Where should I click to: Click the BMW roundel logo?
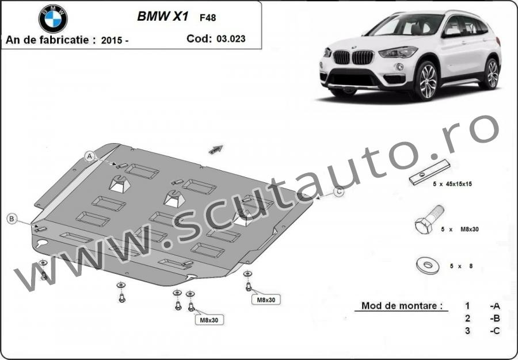[53, 18]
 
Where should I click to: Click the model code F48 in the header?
[208, 17]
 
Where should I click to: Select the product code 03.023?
[231, 39]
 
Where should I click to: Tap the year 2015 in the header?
[111, 40]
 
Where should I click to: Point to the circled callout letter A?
[90, 156]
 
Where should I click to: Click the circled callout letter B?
[12, 219]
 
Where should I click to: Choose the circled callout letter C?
[338, 192]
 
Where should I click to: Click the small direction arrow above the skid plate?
[216, 149]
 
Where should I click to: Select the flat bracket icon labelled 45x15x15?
[429, 172]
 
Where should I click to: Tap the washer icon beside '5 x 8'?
[428, 265]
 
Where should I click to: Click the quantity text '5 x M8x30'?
[460, 229]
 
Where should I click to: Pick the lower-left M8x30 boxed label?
[209, 320]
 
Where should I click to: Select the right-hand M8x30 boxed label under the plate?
[266, 300]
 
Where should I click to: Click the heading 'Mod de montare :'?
[402, 305]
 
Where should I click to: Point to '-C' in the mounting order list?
[495, 331]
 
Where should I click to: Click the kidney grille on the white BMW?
[353, 58]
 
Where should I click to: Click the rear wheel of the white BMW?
[492, 73]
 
